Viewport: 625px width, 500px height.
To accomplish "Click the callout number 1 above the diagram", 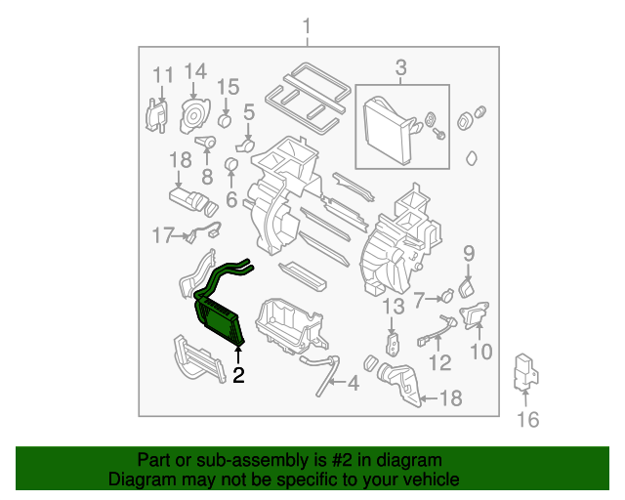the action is [306, 26].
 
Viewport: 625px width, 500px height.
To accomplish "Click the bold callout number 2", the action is [238, 375].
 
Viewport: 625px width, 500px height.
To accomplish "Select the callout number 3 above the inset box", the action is [401, 67].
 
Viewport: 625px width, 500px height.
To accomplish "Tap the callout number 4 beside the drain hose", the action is [354, 383].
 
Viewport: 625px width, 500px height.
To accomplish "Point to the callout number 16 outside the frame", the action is [527, 420].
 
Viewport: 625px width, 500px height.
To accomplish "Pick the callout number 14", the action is [195, 71].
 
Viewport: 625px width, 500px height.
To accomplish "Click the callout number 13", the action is [394, 307].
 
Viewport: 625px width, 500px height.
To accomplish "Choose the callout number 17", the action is [163, 235].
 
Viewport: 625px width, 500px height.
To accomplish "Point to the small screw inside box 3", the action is [439, 135].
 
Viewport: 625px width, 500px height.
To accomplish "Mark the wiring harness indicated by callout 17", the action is [204, 230].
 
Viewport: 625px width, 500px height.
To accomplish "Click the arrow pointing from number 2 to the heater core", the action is [238, 355].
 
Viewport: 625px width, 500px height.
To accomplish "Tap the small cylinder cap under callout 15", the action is [226, 120].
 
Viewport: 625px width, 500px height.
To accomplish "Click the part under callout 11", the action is [156, 115].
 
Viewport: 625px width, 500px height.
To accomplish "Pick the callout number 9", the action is [469, 253].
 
